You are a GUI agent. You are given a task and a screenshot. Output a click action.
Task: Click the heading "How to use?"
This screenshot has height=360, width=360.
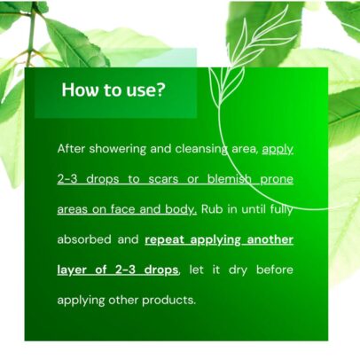tap(113, 90)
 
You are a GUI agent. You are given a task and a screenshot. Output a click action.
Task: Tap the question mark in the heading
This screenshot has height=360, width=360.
tap(160, 90)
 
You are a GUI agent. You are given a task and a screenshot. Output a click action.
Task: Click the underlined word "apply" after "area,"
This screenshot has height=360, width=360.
tap(278, 150)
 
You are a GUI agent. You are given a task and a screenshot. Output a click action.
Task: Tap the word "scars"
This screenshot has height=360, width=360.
tap(163, 179)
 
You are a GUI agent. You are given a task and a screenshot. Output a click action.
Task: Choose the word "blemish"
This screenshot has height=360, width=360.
tap(230, 179)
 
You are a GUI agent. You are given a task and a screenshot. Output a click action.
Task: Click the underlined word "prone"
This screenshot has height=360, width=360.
tap(277, 180)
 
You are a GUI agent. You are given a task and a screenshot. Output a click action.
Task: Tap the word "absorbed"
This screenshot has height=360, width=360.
tap(84, 239)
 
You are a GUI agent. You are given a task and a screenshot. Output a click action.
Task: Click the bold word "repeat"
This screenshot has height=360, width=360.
tap(165, 240)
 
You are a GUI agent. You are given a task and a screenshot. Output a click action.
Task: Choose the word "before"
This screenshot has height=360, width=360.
tap(275, 270)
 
